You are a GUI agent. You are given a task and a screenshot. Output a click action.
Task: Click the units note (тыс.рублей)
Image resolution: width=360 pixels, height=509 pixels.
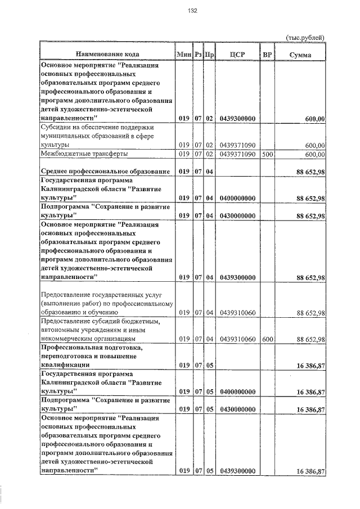pos(306,37)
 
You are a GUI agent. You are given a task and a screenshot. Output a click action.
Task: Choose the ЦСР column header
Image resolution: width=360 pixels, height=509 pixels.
pos(237,54)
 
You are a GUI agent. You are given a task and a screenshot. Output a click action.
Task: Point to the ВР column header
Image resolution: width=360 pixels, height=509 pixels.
pos(267,54)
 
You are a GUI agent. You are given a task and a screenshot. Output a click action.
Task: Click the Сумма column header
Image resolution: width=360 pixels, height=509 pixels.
pos(300,54)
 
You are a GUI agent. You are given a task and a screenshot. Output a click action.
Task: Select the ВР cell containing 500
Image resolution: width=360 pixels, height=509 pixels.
pos(267,154)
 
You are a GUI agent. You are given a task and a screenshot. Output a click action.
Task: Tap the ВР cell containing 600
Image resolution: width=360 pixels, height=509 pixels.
pos(267,339)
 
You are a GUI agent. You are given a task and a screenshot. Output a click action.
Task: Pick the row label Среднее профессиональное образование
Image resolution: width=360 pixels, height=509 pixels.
pos(105,170)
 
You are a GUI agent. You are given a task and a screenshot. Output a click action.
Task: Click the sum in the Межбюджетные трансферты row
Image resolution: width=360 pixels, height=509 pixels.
pos(315,154)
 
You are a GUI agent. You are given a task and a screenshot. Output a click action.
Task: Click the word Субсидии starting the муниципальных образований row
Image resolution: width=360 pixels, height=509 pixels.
pos(56,128)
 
